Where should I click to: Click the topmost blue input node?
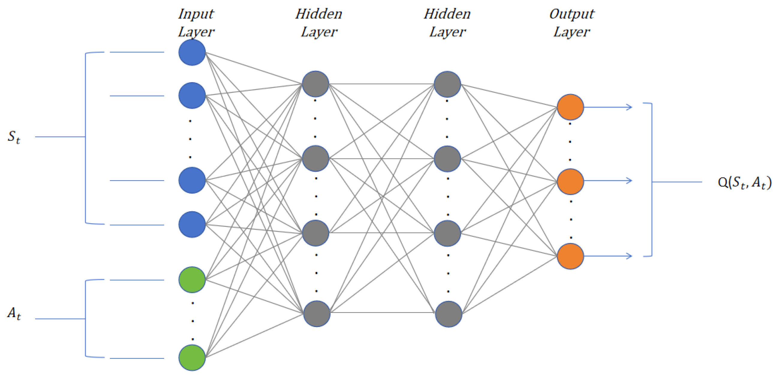[x=192, y=52]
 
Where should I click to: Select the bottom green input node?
[x=192, y=357]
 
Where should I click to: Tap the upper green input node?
[x=192, y=280]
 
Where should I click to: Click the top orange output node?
[x=570, y=107]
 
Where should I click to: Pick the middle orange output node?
[x=570, y=181]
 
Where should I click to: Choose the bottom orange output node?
[x=570, y=256]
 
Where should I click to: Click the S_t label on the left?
[x=13, y=137]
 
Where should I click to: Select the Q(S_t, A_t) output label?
[x=744, y=182]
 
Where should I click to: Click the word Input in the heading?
[x=196, y=14]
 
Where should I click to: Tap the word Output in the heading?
[x=572, y=14]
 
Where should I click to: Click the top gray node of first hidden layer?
[x=315, y=84]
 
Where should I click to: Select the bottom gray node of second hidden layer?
[x=449, y=314]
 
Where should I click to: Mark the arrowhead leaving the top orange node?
[x=629, y=107]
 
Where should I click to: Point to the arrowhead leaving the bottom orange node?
[x=629, y=256]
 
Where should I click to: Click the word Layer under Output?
[x=572, y=32]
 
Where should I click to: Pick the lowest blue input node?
[x=192, y=224]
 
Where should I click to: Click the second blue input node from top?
[x=192, y=95]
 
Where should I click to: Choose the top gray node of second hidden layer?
[x=447, y=84]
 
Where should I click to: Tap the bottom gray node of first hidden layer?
[x=316, y=313]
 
